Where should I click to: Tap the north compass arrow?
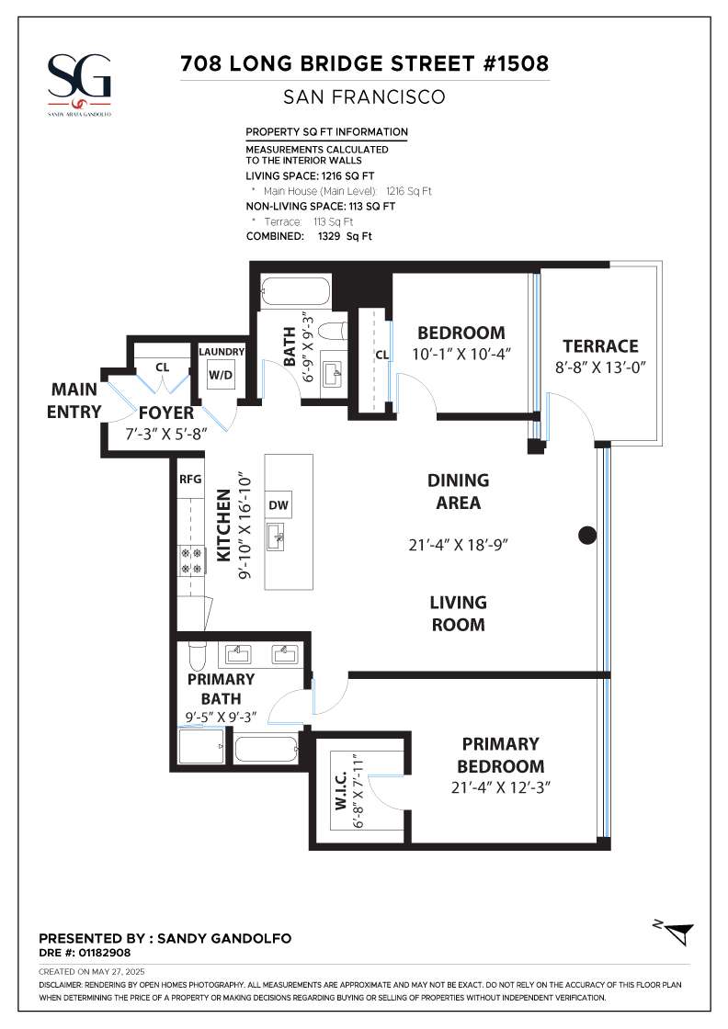[x=678, y=932]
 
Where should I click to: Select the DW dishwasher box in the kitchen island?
[x=279, y=504]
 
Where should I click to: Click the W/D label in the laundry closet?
[x=220, y=376]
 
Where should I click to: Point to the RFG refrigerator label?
[x=190, y=479]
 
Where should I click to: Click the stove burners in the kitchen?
[x=192, y=561]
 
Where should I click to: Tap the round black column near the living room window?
[x=587, y=536]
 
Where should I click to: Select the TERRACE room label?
[x=600, y=345]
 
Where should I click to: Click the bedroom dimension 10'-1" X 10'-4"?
[x=461, y=355]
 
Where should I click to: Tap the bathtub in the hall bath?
[x=295, y=292]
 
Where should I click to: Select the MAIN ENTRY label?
[x=74, y=401]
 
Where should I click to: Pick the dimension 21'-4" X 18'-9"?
[x=458, y=545]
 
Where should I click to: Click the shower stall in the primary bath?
[x=201, y=746]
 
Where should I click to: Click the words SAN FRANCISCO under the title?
[x=364, y=97]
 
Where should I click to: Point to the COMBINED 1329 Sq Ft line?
[x=309, y=236]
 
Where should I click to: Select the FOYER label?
[x=166, y=413]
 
